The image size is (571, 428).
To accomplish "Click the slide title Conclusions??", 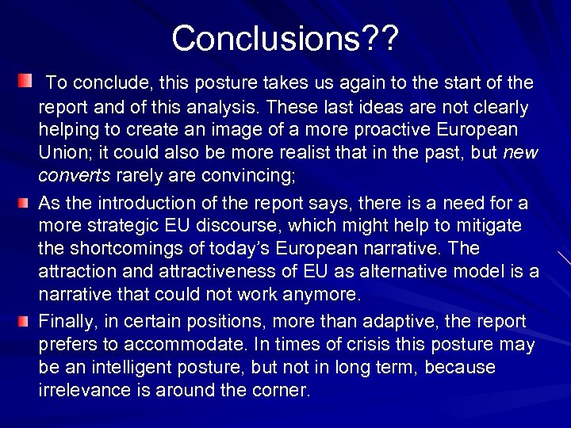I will pos(285,37).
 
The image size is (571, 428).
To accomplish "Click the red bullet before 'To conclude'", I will pos(25,82).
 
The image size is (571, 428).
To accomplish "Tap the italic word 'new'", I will pos(519,152).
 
